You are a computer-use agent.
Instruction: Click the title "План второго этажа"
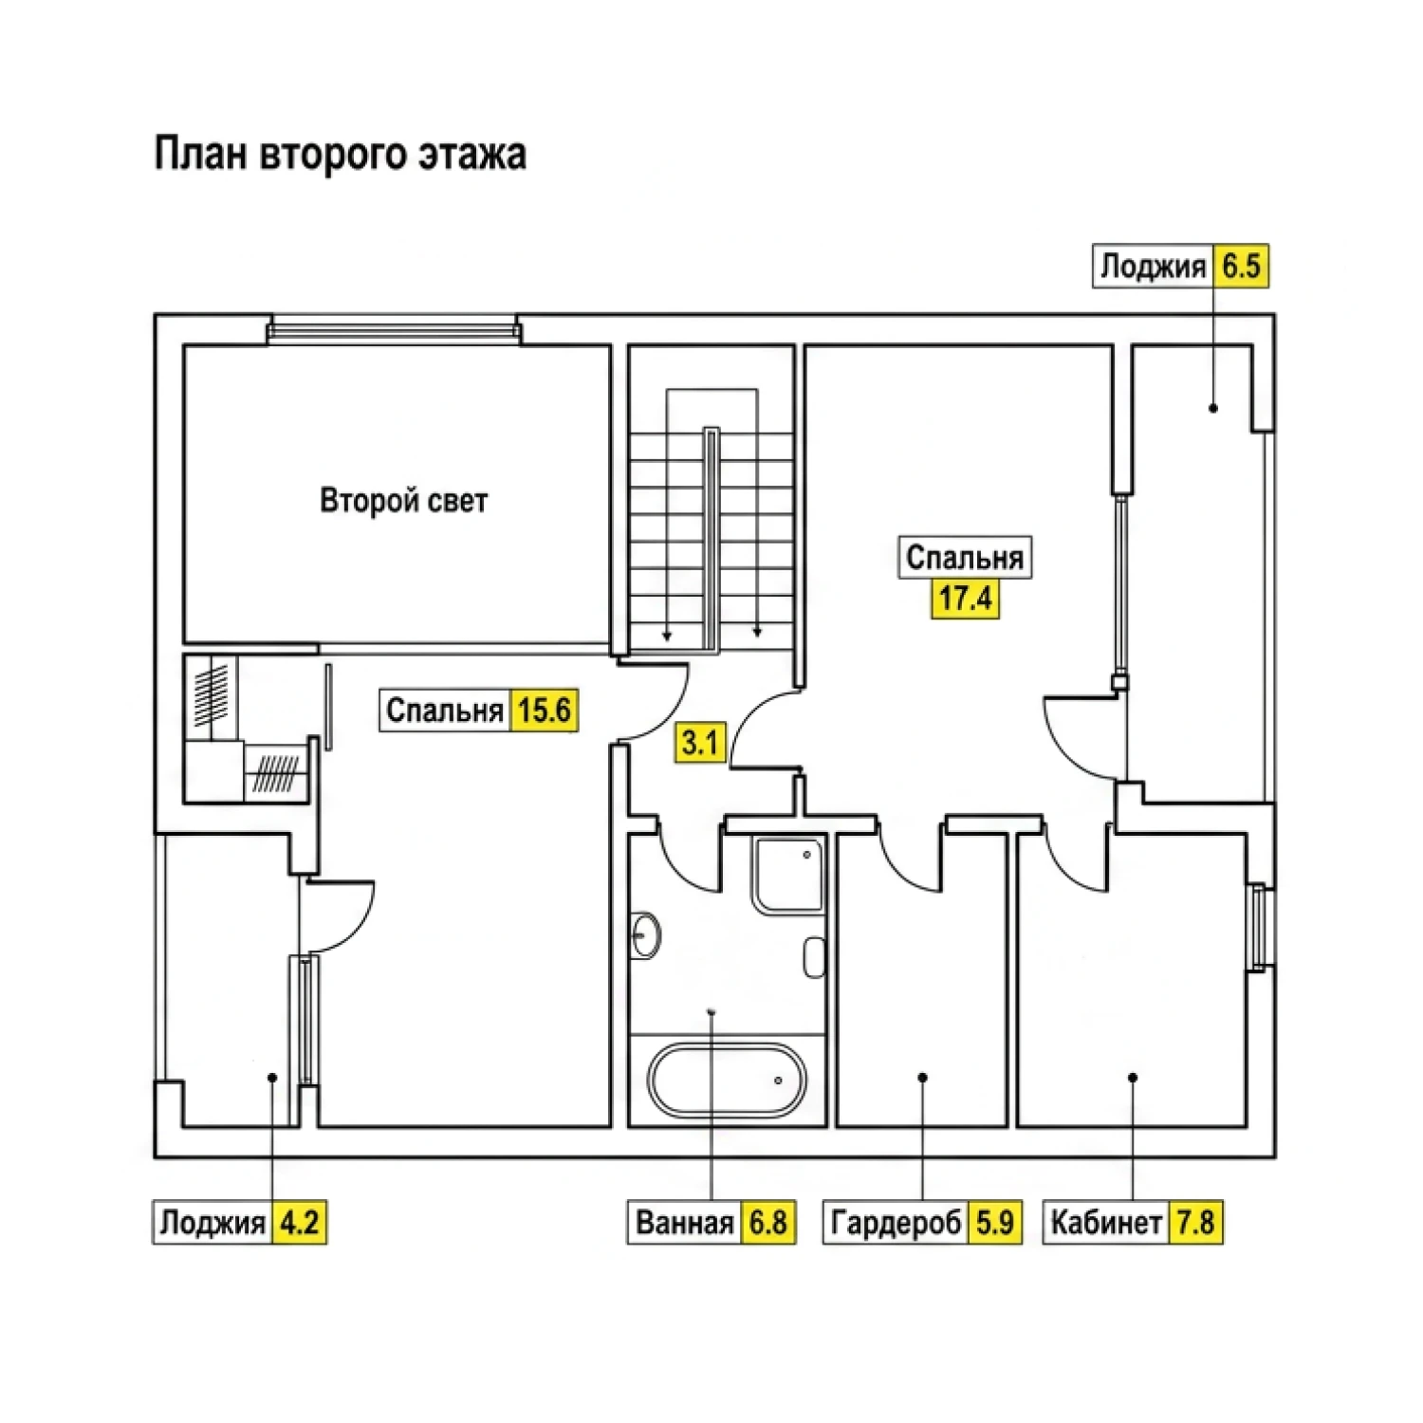coord(340,155)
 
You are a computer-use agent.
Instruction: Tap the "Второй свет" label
coord(404,500)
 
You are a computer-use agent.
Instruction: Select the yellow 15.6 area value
coord(544,710)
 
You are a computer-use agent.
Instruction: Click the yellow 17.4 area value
coord(966,599)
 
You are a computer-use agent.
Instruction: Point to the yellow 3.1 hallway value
coord(700,741)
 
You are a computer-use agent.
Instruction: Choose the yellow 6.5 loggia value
coord(1241,267)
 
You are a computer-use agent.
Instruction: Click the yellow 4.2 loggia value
coord(299,1222)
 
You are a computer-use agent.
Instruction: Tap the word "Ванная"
coord(685,1222)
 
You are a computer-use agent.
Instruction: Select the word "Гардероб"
coord(896,1222)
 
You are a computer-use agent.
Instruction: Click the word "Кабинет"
coord(1106,1222)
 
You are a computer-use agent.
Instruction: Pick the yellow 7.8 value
coord(1195,1222)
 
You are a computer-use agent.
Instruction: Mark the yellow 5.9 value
coord(995,1222)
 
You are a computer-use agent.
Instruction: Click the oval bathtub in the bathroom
coord(727,1080)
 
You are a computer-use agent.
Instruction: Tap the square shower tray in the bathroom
coord(788,875)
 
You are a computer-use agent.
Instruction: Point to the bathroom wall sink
coord(644,936)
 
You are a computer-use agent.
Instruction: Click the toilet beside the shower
coord(814,957)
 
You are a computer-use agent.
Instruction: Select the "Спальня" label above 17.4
coord(965,557)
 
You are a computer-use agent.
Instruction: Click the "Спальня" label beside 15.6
coord(445,710)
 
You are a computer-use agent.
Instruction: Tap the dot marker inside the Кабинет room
coord(1133,1078)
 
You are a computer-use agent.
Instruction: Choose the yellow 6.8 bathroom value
coord(767,1222)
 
